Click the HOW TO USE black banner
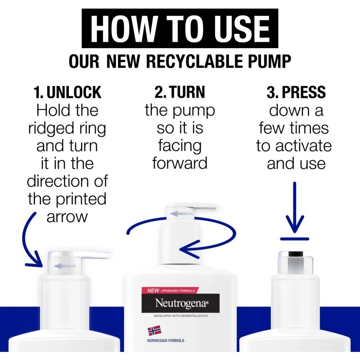180,28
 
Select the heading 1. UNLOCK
67,92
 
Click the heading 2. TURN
180,92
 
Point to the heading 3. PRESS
296,92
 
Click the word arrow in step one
67,217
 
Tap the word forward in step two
180,163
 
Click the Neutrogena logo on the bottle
180,303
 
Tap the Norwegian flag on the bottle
154,331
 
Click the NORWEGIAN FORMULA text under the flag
166,341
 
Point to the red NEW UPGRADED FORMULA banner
170,290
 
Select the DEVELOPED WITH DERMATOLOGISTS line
181,316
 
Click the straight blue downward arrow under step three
295,207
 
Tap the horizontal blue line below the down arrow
295,239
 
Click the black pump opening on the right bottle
296,254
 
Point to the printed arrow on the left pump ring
65,266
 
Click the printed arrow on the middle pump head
181,214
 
